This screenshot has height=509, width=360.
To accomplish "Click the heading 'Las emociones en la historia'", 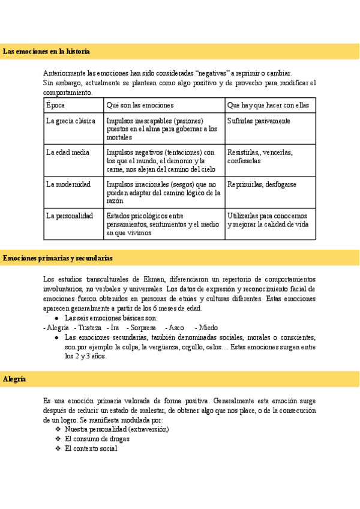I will pos(46,52).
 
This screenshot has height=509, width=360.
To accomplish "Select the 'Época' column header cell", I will pos(55,105).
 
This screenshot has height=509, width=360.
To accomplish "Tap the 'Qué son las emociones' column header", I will pos(140,105).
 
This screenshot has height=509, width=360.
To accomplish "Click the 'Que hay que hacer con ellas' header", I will pos(268,105).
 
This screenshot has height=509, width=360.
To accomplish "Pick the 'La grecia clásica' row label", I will pos(71,121).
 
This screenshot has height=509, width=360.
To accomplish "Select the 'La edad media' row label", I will pos(68,152).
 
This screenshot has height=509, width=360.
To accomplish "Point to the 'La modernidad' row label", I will pos(68,184).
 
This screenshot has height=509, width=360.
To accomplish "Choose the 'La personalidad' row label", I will pos(70,215).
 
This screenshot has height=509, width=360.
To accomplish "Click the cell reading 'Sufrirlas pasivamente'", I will pos(259,121).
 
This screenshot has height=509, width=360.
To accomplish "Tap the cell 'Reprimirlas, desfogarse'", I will pos(262,184).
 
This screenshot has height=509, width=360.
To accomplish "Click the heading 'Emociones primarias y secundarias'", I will pos(58,258).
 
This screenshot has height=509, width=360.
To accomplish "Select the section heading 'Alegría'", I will pos(14,379).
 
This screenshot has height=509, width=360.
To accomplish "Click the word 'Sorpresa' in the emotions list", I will pos(143,328).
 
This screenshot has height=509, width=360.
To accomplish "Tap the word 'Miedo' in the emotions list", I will pos(208,328).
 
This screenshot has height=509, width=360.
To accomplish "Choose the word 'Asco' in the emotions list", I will pos(176,328).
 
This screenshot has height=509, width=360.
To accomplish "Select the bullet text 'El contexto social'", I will pos(91,448).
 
